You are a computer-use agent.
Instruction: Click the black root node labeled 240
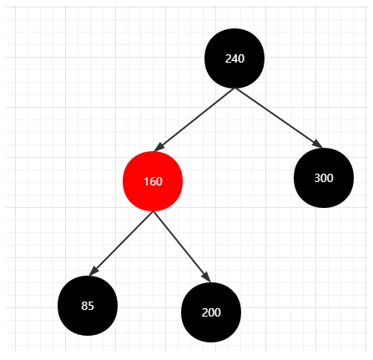[x=234, y=58]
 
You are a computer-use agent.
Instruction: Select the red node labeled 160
[x=153, y=181]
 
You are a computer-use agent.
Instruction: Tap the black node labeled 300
[x=324, y=178]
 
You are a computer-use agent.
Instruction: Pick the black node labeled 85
[x=88, y=306]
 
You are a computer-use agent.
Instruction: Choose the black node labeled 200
[x=211, y=312]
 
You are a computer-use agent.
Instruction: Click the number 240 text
[x=234, y=58]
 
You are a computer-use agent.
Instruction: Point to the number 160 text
[x=153, y=181]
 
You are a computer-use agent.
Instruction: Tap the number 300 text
[x=324, y=178]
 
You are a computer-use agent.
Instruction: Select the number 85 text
[x=88, y=306]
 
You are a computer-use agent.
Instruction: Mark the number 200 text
[x=211, y=312]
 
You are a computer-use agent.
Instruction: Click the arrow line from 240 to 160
[x=194, y=119]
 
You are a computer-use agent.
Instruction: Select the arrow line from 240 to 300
[x=279, y=118]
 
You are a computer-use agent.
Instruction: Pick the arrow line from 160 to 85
[x=121, y=244]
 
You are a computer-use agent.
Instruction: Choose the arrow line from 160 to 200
[x=182, y=247]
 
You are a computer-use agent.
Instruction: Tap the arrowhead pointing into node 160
[x=159, y=148]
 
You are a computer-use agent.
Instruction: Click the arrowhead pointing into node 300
[x=319, y=145]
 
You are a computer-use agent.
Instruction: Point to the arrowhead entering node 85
[x=93, y=271]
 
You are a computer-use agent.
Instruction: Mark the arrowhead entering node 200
[x=207, y=277]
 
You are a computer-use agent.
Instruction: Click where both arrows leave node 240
[x=234, y=89]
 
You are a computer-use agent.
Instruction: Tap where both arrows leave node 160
[x=153, y=211]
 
